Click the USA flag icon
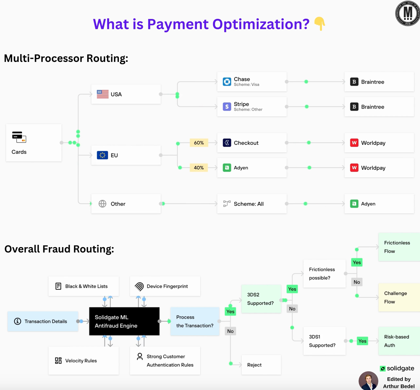click(x=103, y=94)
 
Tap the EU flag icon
click(x=102, y=155)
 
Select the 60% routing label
click(x=199, y=143)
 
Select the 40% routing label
click(x=199, y=168)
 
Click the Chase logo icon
click(x=227, y=82)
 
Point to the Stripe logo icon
click(x=227, y=107)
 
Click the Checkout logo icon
click(x=227, y=143)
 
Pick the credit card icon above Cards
click(x=19, y=137)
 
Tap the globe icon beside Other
click(x=102, y=204)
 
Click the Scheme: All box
click(x=252, y=204)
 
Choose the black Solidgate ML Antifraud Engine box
click(x=124, y=321)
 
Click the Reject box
click(x=261, y=365)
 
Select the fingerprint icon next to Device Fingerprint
click(x=139, y=286)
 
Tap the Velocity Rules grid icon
click(x=58, y=361)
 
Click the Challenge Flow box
click(x=399, y=297)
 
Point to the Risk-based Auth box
click(x=399, y=341)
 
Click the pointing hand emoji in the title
click(x=319, y=24)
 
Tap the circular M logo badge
click(x=407, y=13)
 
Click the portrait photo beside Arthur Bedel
click(x=368, y=381)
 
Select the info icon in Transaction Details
click(x=18, y=321)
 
